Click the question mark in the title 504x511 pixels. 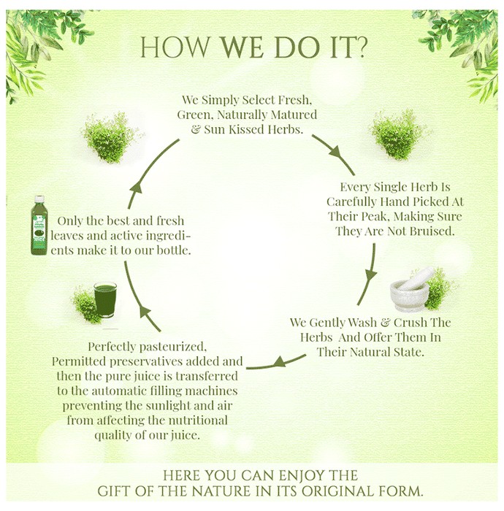(359, 47)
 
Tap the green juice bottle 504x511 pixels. (39, 225)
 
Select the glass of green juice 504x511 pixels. (105, 299)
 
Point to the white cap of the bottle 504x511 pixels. (39, 199)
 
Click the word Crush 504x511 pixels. (411, 323)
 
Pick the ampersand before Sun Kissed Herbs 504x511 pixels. (195, 130)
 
